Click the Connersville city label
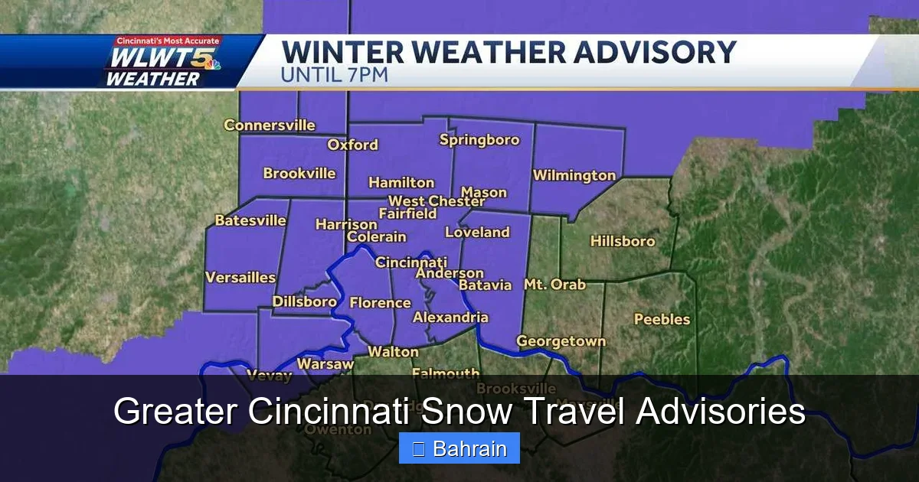270,125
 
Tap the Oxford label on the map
353,145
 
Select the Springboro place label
479,140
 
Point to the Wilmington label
574,175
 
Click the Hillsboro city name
623,241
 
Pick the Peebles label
662,319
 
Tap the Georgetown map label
561,341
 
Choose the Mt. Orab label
554,285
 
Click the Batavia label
485,285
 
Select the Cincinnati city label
411,262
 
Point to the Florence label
381,303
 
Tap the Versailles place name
240,278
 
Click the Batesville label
250,221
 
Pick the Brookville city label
299,174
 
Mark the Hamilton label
401,183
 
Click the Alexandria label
450,318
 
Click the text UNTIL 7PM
335,76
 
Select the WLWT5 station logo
163,62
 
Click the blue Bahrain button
459,448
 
